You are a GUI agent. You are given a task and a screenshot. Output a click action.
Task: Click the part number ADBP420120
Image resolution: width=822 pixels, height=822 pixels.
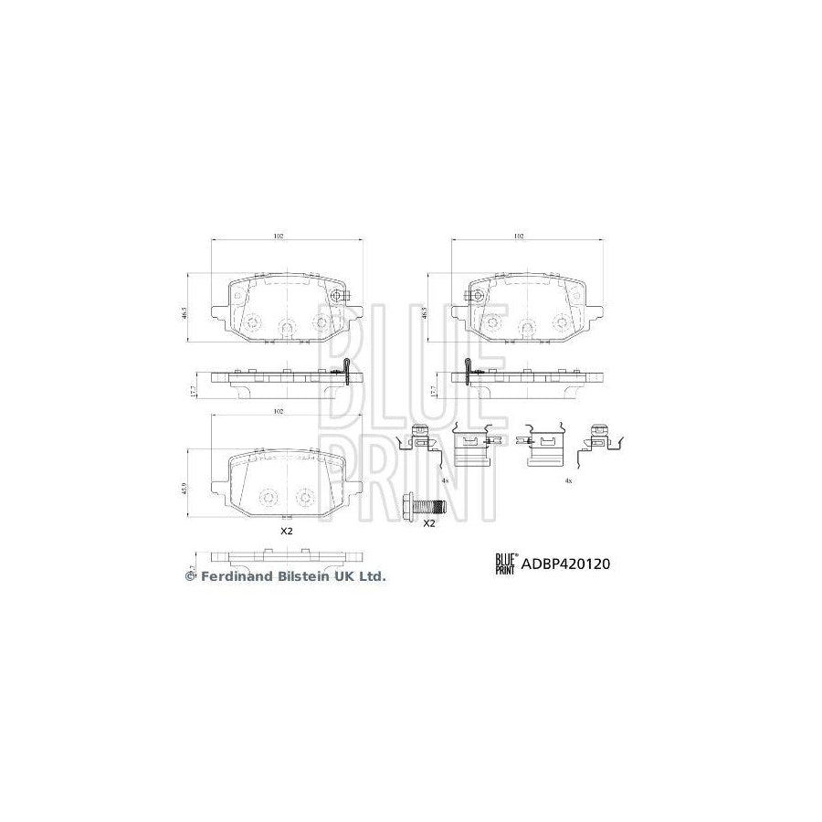coord(564,564)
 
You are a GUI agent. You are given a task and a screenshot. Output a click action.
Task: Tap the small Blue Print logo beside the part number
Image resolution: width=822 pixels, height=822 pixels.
coord(505,564)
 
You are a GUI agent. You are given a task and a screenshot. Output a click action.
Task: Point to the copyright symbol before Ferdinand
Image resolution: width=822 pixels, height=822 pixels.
coord(191,576)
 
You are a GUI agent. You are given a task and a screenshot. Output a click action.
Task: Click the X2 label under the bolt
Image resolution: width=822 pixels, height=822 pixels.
coord(429,523)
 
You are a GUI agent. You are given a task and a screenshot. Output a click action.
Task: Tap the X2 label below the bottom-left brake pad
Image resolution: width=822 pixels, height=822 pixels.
coord(286,531)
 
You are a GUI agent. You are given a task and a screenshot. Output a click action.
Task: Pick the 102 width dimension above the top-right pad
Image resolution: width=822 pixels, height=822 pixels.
coord(518,236)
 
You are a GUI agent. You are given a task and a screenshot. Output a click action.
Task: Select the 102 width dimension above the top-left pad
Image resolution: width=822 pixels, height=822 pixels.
coord(279,236)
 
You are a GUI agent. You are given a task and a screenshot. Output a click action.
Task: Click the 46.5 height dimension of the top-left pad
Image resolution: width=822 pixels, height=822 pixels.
coord(186,311)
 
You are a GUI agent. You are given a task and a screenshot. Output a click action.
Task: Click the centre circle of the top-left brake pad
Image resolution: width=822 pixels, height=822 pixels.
coord(286,325)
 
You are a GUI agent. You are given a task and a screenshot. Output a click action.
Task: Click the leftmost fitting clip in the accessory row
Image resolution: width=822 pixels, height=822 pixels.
coord(418,440)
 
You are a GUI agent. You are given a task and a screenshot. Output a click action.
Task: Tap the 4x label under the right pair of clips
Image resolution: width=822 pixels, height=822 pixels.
coord(567,479)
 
